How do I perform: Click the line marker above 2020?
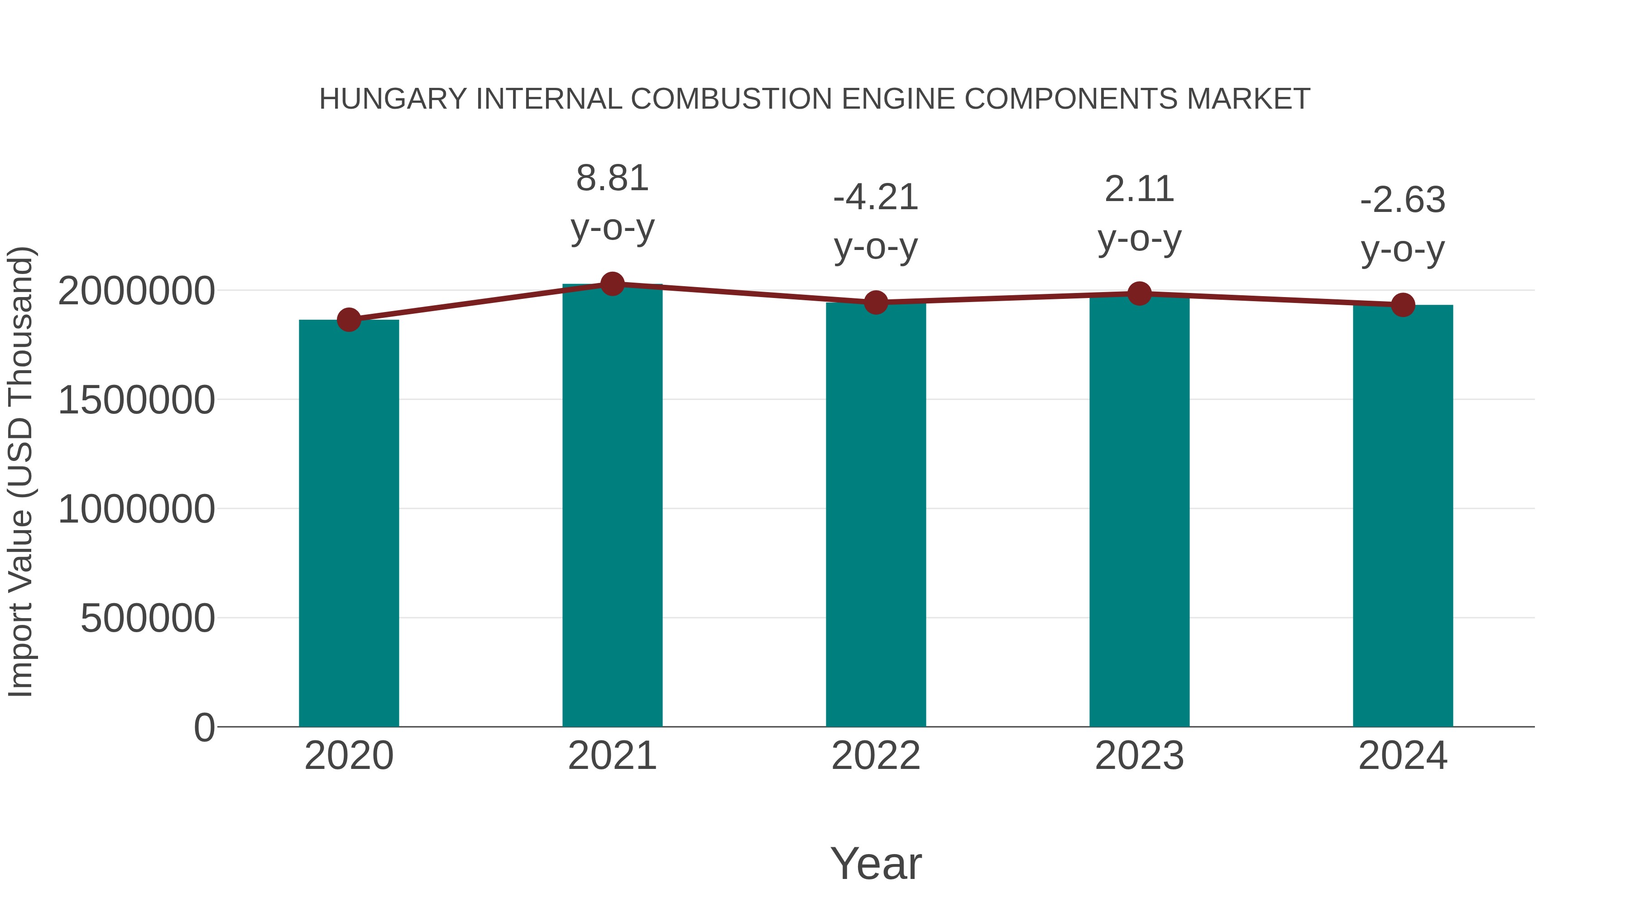(x=349, y=320)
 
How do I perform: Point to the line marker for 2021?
(x=612, y=284)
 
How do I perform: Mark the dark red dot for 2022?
(x=876, y=302)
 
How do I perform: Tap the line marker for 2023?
(x=1139, y=293)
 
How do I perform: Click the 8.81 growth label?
(x=612, y=178)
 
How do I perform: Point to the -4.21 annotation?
(x=876, y=197)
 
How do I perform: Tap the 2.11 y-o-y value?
(x=1139, y=189)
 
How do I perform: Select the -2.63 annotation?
(x=1403, y=200)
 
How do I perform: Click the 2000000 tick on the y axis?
(x=136, y=291)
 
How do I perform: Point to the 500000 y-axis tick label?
(x=148, y=618)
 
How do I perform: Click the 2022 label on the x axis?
(x=876, y=756)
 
